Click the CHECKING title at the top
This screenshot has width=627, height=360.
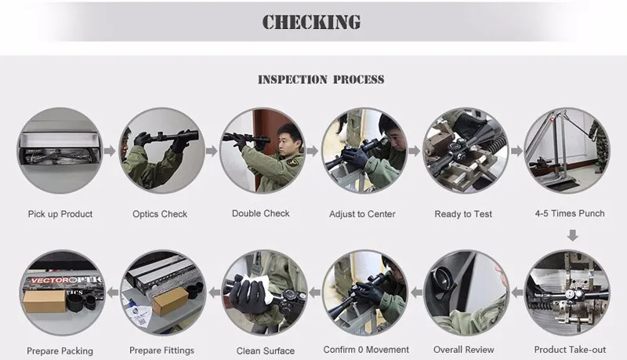[311, 22]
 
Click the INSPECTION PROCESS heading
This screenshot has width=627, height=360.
[321, 79]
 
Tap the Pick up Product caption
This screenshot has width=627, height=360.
[60, 214]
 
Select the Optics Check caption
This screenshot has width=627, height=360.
[160, 214]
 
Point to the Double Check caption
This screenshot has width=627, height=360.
[261, 213]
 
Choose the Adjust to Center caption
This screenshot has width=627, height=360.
[362, 214]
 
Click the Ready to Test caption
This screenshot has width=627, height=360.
[463, 214]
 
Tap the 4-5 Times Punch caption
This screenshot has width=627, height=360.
[570, 213]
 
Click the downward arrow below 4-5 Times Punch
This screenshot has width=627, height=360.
[573, 235]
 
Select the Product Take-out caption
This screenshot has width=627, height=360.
[570, 350]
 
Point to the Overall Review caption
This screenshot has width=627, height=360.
[464, 350]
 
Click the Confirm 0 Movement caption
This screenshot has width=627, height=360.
[366, 350]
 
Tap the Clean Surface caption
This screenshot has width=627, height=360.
[266, 351]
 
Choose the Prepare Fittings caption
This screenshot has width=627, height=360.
[161, 351]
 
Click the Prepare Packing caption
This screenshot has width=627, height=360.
[60, 351]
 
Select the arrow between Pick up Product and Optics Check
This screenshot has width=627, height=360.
[110, 151]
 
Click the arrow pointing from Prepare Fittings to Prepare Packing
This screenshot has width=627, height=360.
[113, 293]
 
